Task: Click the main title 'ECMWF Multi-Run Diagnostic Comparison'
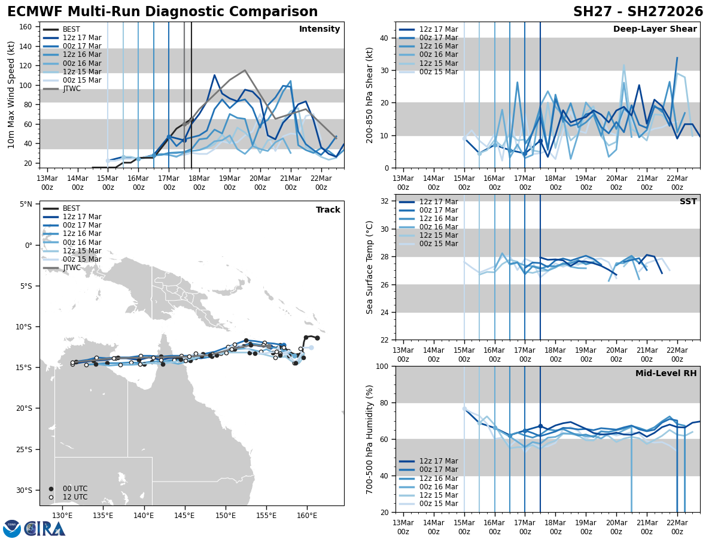point(162,12)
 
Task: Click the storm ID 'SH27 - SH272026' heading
point(638,12)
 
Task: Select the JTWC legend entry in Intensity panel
point(71,89)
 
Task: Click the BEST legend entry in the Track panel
point(71,208)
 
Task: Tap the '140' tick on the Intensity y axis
point(27,46)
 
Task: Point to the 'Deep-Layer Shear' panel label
point(655,29)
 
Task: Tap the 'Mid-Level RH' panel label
point(666,374)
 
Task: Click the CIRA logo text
point(45,529)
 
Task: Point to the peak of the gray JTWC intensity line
point(245,70)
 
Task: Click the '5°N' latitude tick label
point(26,204)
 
